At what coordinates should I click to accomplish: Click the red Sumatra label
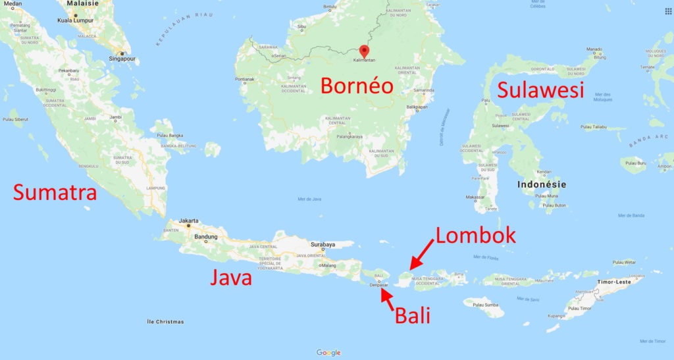55,192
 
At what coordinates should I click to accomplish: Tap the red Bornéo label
356,86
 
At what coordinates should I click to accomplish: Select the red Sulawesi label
540,90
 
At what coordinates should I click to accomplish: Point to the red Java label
231,277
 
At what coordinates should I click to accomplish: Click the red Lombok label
475,236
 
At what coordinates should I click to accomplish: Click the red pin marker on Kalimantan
364,51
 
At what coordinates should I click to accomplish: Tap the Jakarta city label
188,220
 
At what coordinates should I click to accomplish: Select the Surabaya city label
323,244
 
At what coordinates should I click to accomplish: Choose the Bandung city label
206,236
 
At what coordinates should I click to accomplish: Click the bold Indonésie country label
542,184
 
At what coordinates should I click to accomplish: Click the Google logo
328,353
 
